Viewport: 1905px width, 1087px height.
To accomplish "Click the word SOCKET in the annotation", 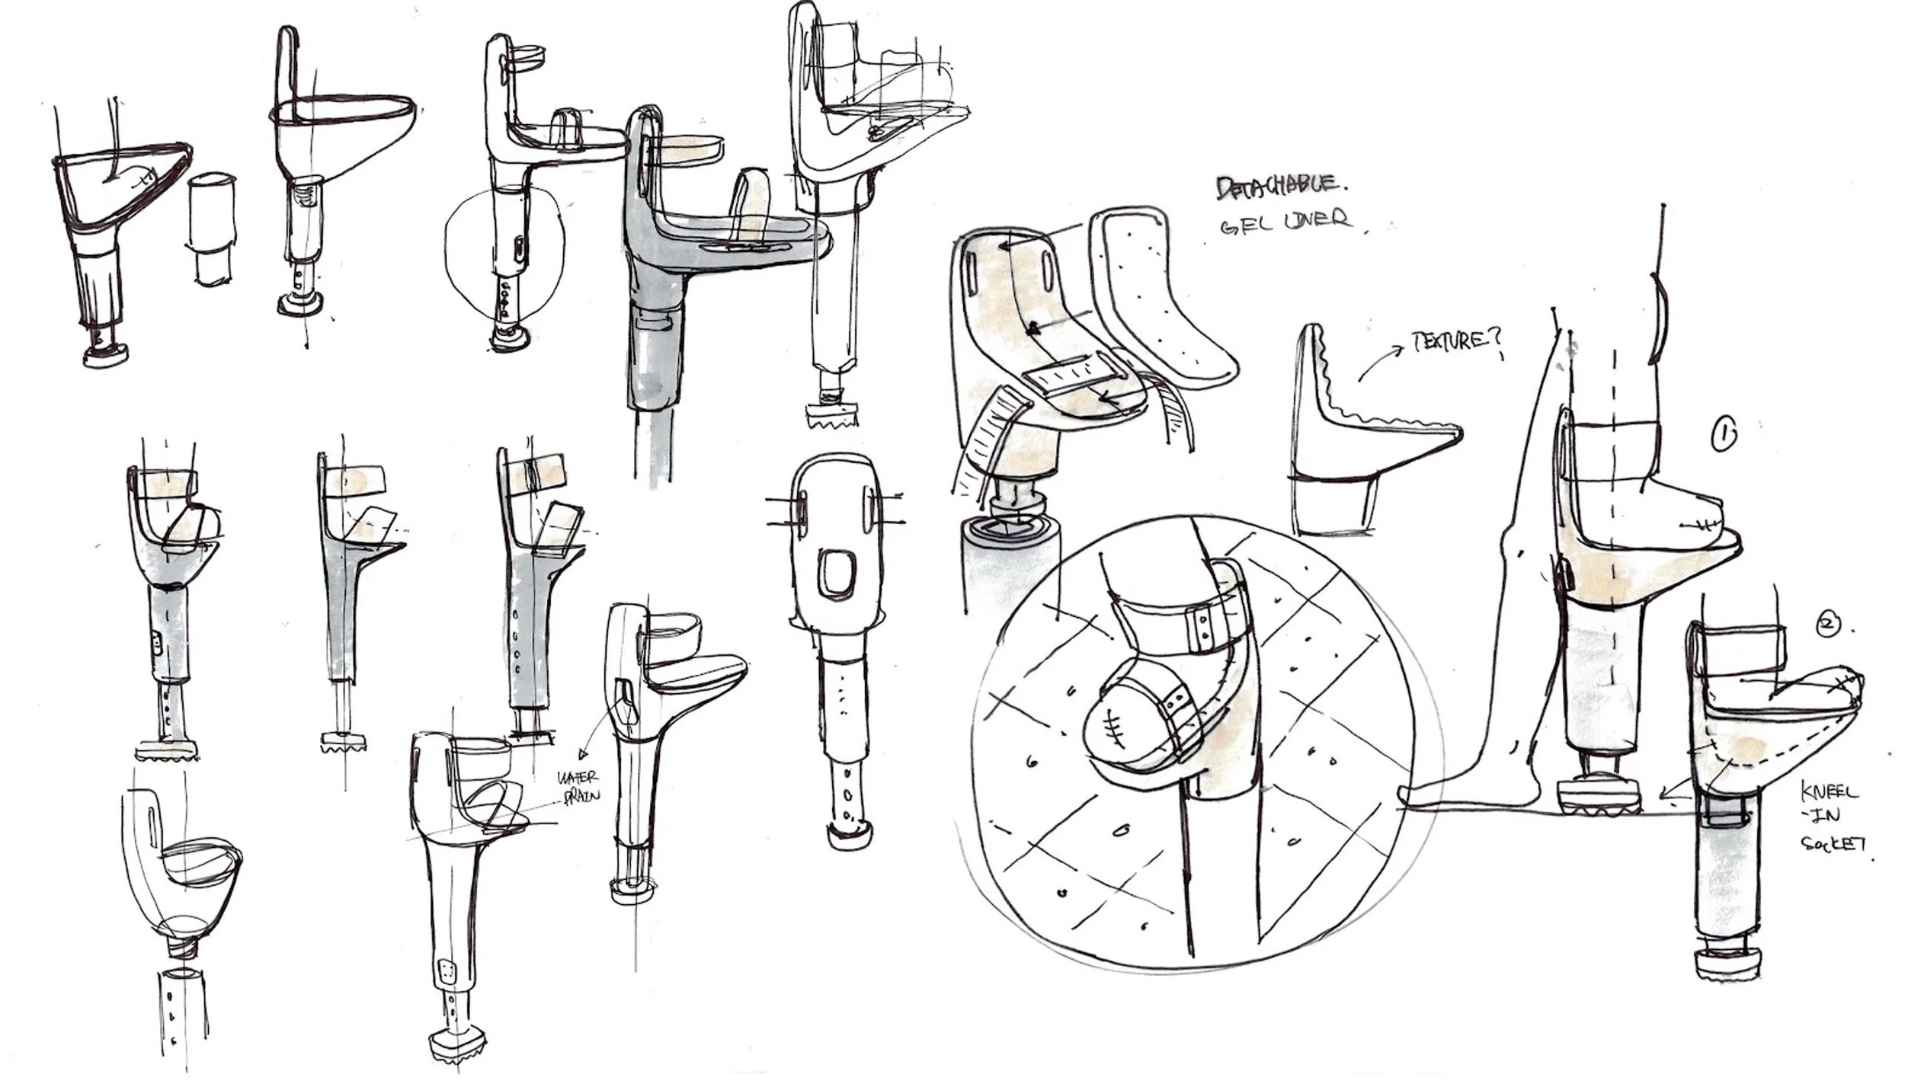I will coord(1833,845).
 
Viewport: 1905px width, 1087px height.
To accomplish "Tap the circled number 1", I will coord(1724,436).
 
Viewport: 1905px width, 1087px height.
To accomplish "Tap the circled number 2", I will coord(1829,625).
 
